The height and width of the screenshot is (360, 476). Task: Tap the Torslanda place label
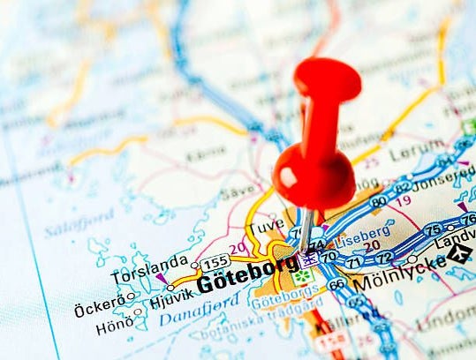coord(149,261)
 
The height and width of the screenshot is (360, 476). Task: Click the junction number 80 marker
coord(378,202)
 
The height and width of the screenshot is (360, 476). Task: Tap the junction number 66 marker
coord(336,283)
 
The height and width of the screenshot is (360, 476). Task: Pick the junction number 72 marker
coord(384,257)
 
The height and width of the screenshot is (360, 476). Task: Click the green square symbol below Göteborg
coord(303,275)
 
